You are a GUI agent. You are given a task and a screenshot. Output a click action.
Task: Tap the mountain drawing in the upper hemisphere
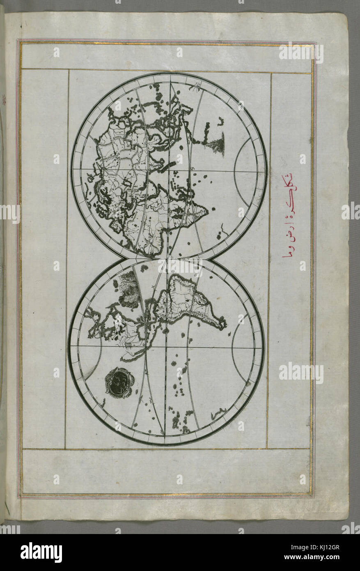[217, 145]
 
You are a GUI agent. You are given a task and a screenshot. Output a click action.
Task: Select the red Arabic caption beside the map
[290, 221]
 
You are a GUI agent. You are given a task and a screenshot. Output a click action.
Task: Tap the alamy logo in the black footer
[41, 553]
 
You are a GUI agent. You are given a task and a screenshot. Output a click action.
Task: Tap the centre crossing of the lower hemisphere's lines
[166, 348]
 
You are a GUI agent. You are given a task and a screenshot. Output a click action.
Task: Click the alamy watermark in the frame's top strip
[301, 52]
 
